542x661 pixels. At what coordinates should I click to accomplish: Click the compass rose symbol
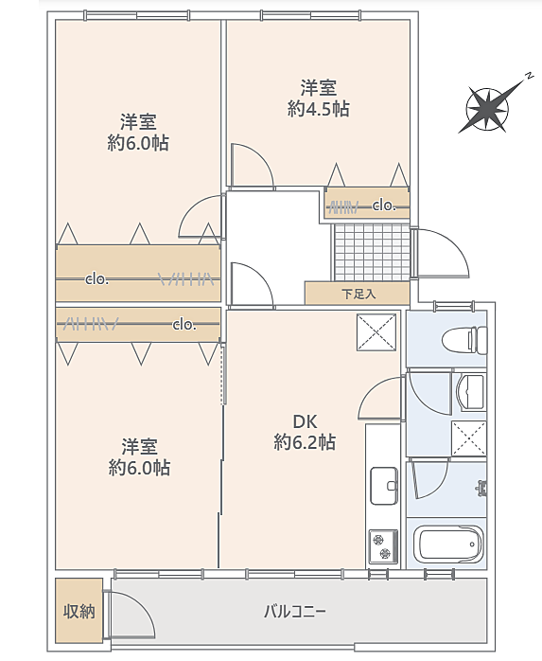tap(487, 109)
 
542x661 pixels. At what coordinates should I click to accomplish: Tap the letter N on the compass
tap(527, 76)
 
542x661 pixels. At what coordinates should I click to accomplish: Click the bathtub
tap(448, 545)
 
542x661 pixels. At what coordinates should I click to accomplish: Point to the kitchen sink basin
tap(384, 485)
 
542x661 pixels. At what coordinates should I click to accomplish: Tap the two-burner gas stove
tap(383, 546)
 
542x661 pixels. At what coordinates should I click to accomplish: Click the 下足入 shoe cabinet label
tap(358, 294)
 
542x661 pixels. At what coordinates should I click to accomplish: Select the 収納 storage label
tap(79, 611)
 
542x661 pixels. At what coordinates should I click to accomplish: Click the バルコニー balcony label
tap(295, 611)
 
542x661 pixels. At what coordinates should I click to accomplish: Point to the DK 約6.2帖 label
tap(305, 432)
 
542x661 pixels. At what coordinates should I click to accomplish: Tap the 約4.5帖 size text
tap(319, 109)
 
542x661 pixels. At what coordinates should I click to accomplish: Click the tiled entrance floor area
tap(372, 252)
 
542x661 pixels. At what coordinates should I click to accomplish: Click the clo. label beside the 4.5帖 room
tap(384, 205)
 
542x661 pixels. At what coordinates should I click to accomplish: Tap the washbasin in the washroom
tap(471, 392)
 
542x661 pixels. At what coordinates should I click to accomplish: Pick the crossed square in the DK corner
tap(376, 332)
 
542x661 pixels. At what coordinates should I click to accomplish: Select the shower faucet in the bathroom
tap(482, 488)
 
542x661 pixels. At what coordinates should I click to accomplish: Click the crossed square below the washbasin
tap(469, 438)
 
